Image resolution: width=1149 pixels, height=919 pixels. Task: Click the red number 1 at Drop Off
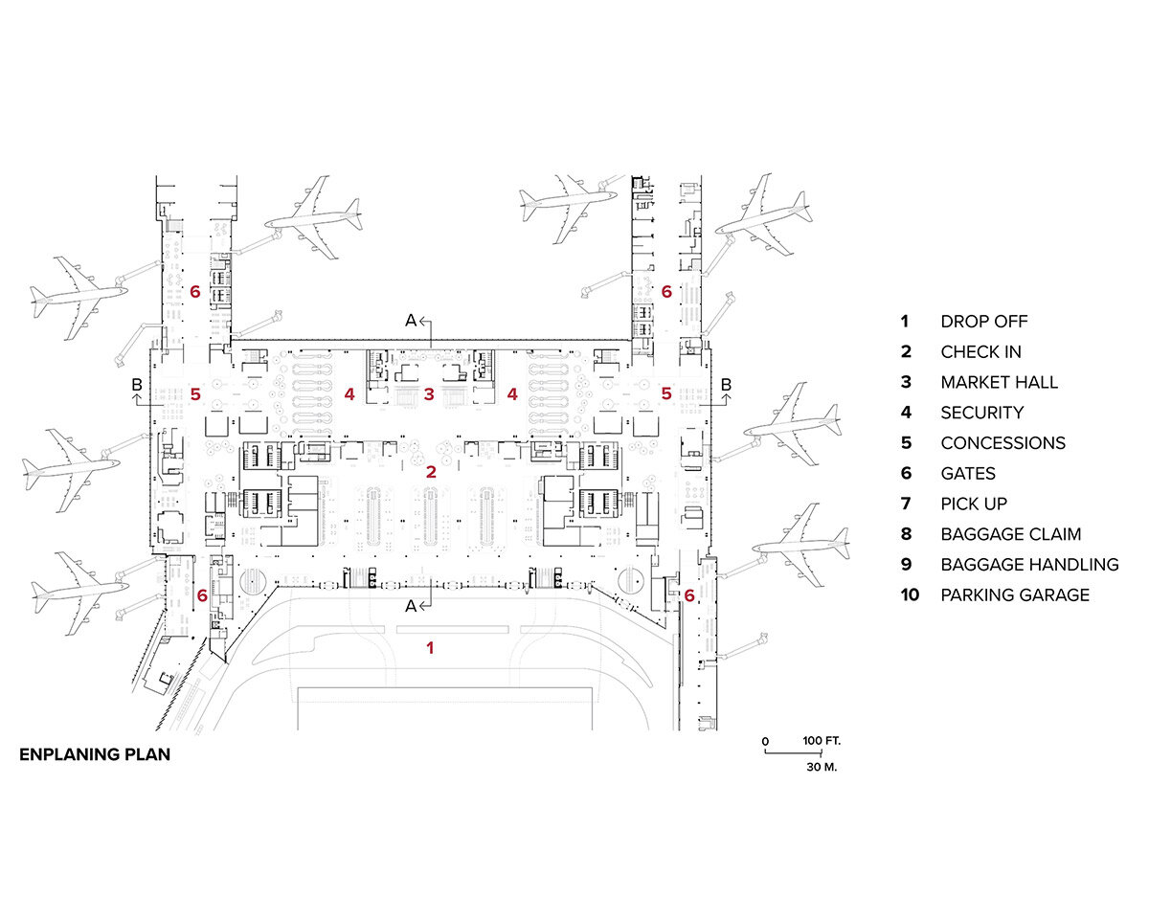click(430, 648)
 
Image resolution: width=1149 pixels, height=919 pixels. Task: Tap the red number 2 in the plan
click(431, 471)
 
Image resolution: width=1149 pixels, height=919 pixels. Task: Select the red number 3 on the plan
click(430, 393)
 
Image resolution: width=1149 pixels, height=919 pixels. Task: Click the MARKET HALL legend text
click(999, 382)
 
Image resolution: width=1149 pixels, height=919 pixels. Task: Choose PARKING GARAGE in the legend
click(1015, 594)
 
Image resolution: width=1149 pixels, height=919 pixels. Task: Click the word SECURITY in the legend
click(981, 413)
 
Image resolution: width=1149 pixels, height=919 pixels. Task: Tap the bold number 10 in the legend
click(910, 594)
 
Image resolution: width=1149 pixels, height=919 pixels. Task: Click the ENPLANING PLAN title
click(95, 754)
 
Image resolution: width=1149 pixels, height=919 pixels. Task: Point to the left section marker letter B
click(137, 385)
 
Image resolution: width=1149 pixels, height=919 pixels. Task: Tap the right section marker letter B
click(726, 385)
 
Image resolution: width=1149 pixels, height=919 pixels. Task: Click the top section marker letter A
click(411, 321)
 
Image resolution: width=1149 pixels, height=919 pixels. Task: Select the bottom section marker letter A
click(411, 606)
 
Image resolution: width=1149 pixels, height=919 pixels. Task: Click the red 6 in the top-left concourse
click(194, 291)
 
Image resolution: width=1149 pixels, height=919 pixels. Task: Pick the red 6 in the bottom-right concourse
click(689, 595)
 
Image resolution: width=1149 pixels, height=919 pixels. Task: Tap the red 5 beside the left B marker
click(195, 393)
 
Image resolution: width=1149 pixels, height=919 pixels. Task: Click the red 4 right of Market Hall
click(512, 393)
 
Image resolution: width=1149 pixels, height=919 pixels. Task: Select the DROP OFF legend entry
click(983, 322)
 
